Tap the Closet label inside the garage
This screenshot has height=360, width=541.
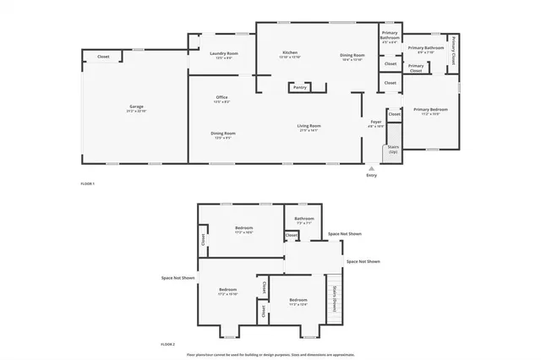coord(103,57)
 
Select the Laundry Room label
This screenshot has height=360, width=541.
coord(224,55)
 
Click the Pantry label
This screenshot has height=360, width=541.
coord(299,87)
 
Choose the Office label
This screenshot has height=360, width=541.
coord(221,99)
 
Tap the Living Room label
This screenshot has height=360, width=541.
coord(308,128)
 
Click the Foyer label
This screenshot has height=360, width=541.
coord(376,123)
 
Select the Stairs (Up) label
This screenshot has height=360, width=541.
coord(393,149)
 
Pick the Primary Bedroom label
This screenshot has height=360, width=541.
coord(430,111)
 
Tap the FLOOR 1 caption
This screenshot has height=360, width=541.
coord(87,183)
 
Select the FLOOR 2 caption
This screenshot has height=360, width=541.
coord(167,344)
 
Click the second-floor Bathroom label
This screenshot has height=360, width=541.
coord(304,220)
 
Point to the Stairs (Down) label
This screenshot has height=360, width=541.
coord(334,299)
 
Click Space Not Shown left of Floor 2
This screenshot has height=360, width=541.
coord(178,277)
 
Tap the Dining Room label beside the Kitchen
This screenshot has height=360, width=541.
coord(352,55)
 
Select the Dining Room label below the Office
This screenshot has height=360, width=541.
coord(223,134)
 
